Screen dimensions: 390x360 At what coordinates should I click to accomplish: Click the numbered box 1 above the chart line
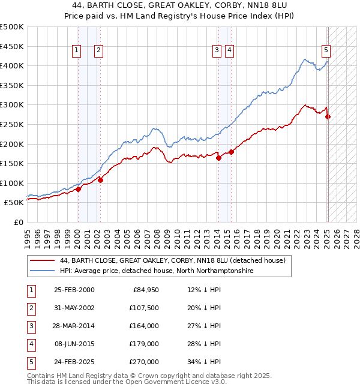coord(77,51)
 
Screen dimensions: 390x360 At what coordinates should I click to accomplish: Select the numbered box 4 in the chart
coord(229,51)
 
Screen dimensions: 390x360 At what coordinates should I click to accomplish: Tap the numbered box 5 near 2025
coord(326,51)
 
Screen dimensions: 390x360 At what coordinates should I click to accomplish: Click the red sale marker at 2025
coord(328,116)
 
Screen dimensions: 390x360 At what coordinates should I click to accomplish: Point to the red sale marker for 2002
coord(100,180)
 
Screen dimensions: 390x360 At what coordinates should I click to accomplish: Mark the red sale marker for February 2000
coord(78,189)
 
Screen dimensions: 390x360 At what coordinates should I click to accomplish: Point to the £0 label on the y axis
coord(18,222)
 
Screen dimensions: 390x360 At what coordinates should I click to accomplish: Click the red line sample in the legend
coord(42,261)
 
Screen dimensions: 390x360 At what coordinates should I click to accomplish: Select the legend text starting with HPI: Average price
coord(157,271)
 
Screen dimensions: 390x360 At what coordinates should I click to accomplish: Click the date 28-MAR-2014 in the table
coord(74,326)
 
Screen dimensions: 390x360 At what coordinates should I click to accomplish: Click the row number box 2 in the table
coord(30,308)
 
